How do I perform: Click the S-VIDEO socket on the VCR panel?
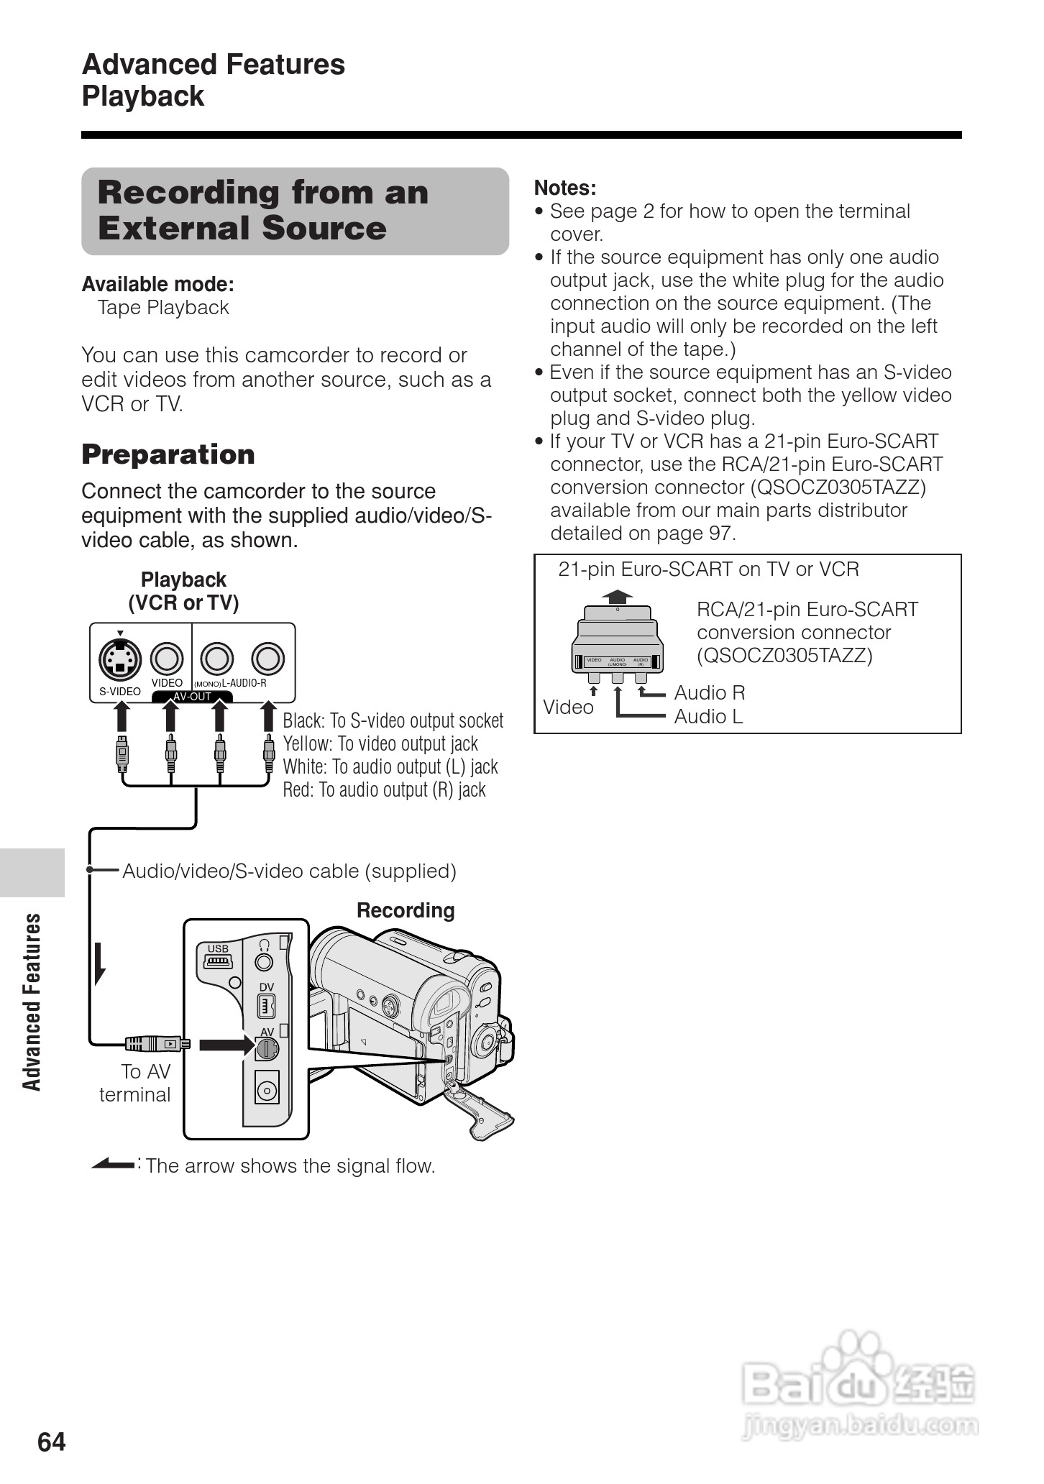coord(120,659)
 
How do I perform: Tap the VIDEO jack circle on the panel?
coord(167,658)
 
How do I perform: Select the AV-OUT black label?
coord(192,696)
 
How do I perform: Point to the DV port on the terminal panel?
coord(266,1005)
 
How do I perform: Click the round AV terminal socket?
coord(266,1049)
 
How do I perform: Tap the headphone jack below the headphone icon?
coord(265,961)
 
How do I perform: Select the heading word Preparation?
coord(168,454)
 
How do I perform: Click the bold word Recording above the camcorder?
coord(406,910)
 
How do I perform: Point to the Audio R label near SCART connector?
coord(709,692)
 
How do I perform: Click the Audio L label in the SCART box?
coord(708,716)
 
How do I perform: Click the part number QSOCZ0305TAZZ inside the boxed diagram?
coord(784,656)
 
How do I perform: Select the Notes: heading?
coord(565,188)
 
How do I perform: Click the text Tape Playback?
coord(163,308)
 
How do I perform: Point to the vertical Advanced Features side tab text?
coord(32,1002)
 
